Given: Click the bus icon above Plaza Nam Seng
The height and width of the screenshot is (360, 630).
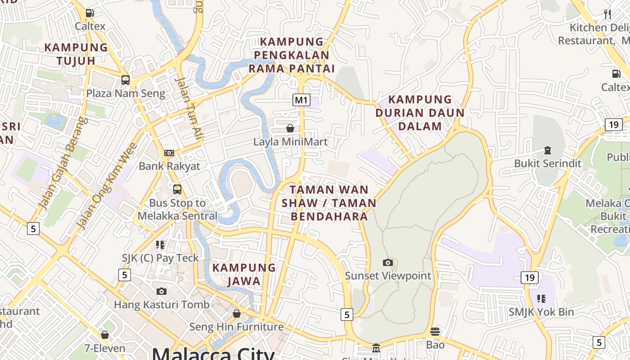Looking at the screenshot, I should [x=126, y=80].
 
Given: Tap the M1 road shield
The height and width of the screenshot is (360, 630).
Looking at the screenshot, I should [x=301, y=99].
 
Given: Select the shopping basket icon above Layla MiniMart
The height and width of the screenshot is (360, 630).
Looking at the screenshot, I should [x=290, y=128].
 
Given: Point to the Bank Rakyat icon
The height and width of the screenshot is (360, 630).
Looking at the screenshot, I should [x=169, y=153].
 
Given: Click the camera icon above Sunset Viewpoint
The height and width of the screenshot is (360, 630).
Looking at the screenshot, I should [x=387, y=262].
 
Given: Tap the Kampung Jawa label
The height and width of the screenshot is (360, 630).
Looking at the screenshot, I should [x=244, y=274].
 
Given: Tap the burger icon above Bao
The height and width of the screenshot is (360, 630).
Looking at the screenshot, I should [x=435, y=332].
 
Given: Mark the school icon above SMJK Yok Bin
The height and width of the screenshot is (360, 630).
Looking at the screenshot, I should [x=541, y=298].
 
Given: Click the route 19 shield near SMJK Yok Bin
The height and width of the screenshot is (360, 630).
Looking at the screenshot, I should [x=530, y=277].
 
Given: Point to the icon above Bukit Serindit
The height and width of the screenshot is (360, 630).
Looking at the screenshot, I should [x=548, y=150].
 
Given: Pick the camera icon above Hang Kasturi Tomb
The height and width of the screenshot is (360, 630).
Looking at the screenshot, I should [x=162, y=291].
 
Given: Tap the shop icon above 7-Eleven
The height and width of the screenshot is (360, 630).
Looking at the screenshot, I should [x=105, y=335].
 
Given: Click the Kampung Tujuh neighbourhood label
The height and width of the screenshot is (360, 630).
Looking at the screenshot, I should [x=76, y=54].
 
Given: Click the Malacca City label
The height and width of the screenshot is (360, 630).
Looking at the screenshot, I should [x=213, y=354].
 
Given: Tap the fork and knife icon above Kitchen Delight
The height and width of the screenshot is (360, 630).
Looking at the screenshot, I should [x=607, y=14].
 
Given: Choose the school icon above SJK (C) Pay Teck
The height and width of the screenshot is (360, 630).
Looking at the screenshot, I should [x=160, y=245].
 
